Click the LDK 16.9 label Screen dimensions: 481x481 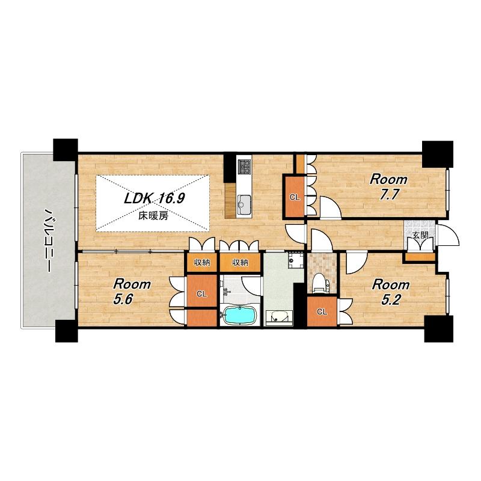[x=154, y=199]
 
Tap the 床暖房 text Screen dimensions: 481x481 [x=153, y=216]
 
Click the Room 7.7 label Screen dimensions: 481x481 [x=388, y=187]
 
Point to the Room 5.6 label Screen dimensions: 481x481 [x=132, y=292]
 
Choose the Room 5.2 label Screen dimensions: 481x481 [x=390, y=292]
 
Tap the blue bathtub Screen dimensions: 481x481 [x=239, y=315]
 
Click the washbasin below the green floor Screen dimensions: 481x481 [x=278, y=318]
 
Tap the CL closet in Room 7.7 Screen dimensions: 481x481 [x=295, y=197]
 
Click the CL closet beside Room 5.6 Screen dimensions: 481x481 [x=201, y=294]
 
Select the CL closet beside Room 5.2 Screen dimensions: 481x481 [x=322, y=312]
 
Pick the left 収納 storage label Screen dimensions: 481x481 [x=202, y=263]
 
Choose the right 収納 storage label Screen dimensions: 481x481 [x=240, y=263]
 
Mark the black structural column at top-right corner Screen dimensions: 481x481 [x=438, y=154]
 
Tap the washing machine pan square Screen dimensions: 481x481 [x=295, y=260]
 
